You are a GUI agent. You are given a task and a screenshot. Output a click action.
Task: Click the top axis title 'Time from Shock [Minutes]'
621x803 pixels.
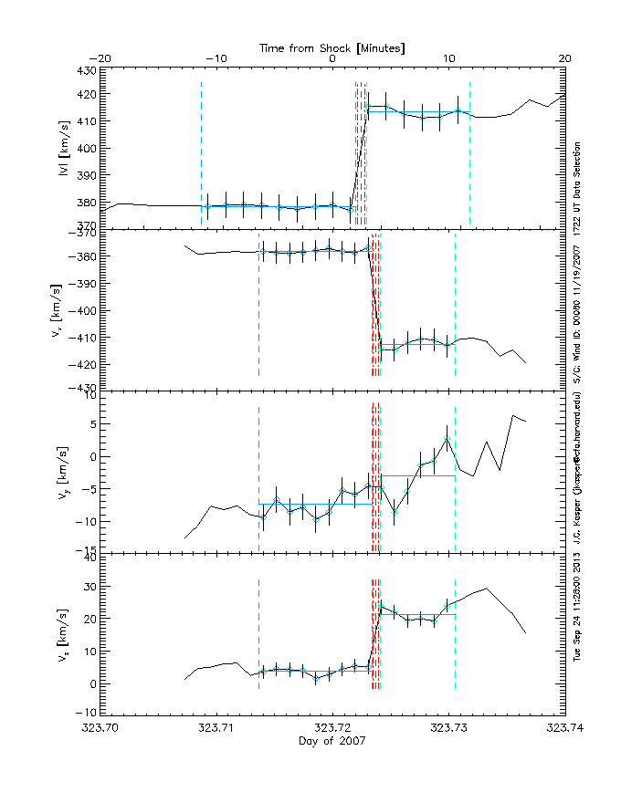click(x=332, y=47)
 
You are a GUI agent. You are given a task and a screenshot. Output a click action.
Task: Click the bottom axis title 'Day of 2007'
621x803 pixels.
click(x=332, y=741)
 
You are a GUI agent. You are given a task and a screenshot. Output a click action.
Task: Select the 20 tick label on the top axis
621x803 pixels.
click(x=565, y=58)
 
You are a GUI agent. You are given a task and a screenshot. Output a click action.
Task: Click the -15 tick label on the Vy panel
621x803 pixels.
click(x=84, y=551)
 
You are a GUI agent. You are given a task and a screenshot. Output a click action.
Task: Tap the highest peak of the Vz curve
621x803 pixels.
click(x=487, y=589)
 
